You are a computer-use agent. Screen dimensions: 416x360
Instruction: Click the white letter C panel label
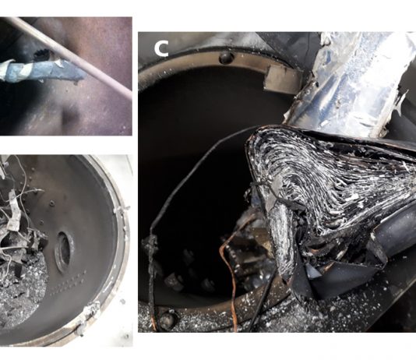click(x=161, y=49)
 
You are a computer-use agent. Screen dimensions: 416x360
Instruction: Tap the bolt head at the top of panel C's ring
click(x=226, y=58)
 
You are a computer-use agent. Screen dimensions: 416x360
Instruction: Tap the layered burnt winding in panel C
click(x=332, y=191)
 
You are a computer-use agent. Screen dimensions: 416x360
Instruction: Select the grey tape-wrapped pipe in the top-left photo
click(x=42, y=70)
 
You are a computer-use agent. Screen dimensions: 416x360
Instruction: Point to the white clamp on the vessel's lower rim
click(x=90, y=313)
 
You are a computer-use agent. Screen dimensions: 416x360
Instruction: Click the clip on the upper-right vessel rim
click(x=122, y=210)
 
